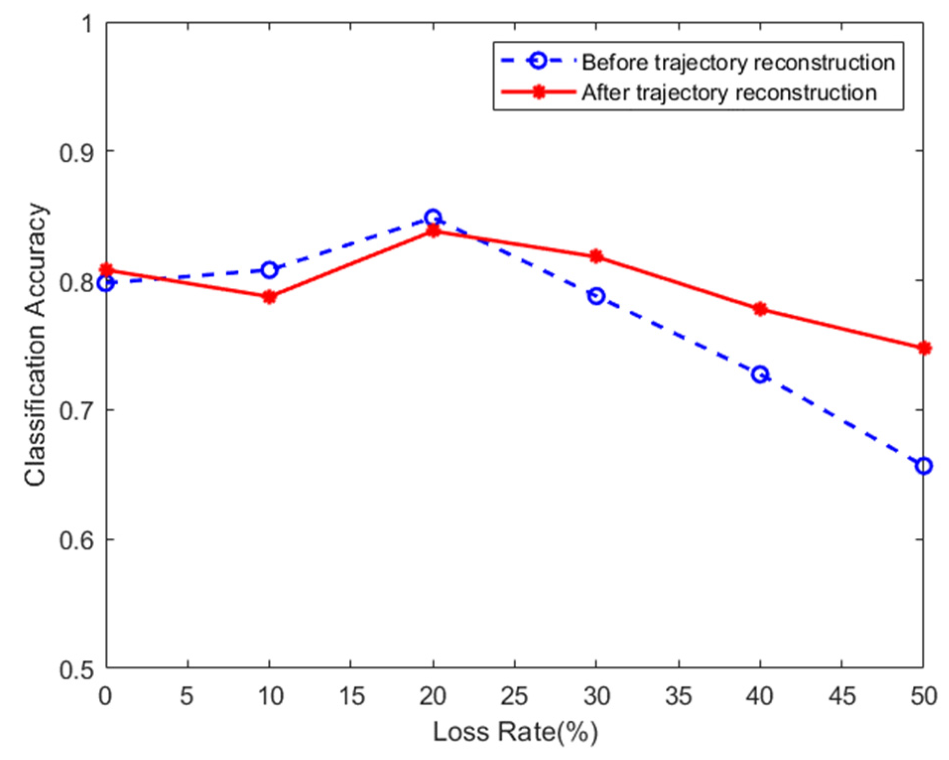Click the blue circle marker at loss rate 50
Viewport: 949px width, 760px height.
923,466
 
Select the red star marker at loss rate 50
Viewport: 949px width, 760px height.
923,348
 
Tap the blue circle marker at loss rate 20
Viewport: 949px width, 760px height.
433,217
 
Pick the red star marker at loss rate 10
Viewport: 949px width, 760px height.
269,297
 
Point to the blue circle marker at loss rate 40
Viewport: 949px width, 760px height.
759,374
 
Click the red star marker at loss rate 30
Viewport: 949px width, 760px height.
596,256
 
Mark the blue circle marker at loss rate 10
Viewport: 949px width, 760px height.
269,270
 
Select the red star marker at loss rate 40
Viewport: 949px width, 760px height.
759,309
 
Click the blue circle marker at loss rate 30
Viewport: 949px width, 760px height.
596,296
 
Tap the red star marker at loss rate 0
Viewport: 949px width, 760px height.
106,270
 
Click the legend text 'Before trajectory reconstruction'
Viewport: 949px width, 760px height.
738,63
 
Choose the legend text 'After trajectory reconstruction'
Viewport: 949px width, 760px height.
729,93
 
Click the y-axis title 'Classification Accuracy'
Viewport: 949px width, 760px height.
35,345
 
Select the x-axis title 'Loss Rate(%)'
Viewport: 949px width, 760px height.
515,732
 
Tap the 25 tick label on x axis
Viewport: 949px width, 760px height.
514,696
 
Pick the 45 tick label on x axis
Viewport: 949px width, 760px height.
841,696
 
